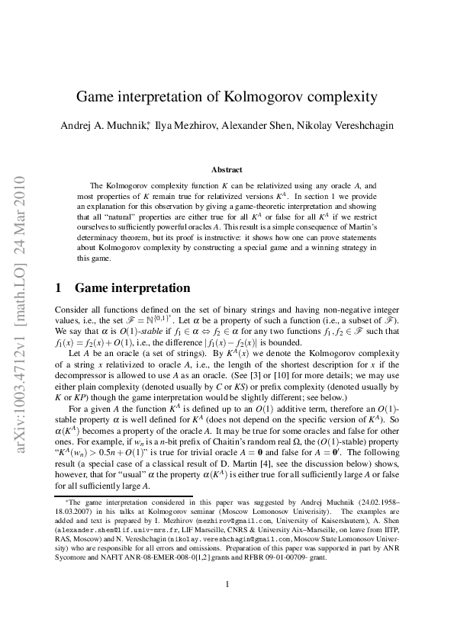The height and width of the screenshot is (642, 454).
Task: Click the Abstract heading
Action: pos(227,169)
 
